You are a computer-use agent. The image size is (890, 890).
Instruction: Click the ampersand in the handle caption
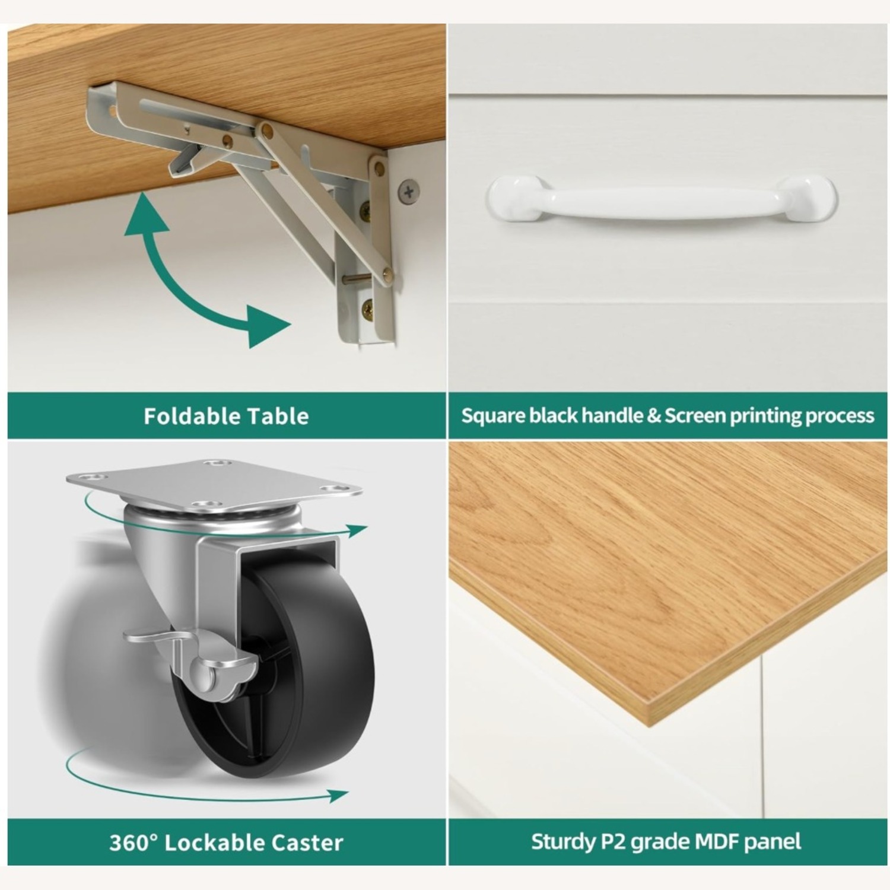654,416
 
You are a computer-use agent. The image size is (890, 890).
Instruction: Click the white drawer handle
662,198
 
